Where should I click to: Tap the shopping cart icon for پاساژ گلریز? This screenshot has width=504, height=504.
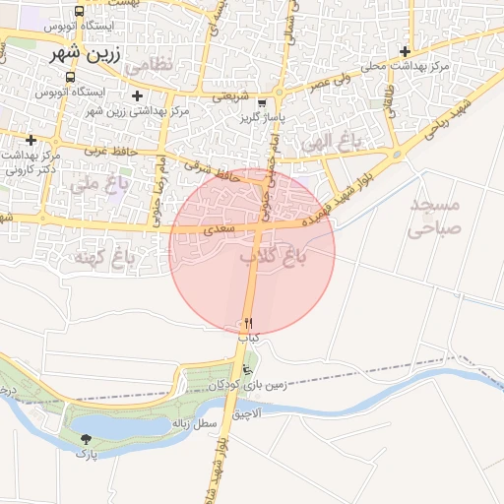tap(262, 102)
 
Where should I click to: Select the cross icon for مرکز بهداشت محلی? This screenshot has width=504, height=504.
tap(405, 51)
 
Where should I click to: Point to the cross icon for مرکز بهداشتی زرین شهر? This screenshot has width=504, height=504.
tap(137, 95)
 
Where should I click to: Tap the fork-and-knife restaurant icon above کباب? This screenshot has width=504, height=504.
tap(248, 323)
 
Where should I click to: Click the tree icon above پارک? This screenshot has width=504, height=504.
tap(87, 439)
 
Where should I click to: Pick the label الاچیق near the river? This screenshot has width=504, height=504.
tap(248, 414)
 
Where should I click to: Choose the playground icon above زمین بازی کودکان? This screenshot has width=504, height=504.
tap(247, 369)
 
